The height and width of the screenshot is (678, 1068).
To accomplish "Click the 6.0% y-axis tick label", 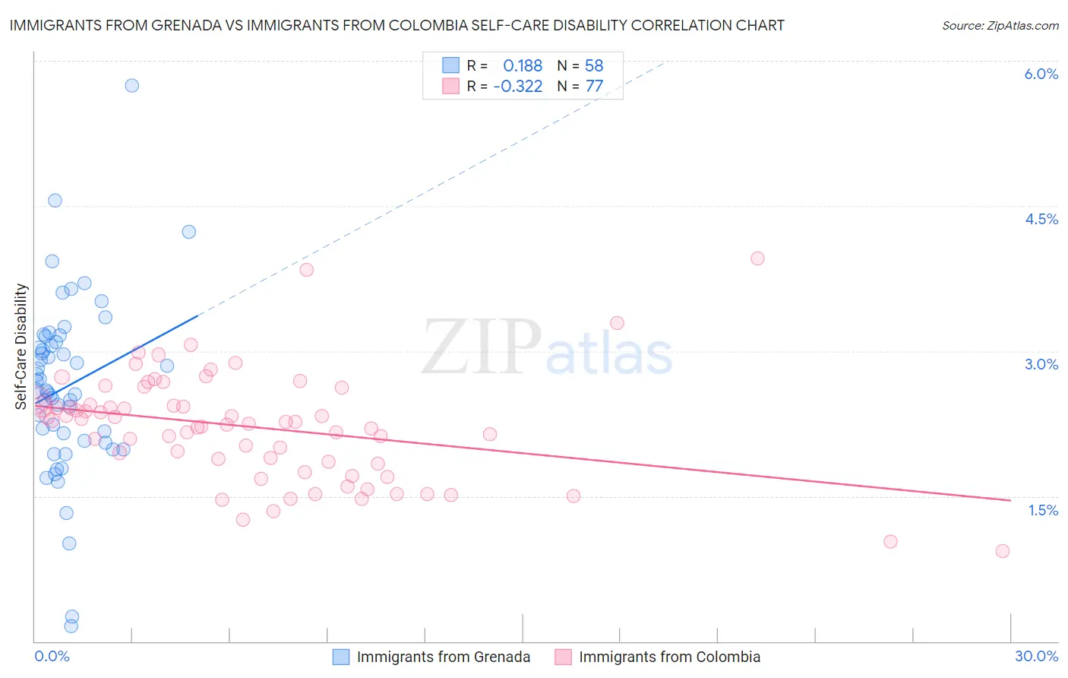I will (x=1041, y=74).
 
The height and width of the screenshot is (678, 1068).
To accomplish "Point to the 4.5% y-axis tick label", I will (x=1041, y=219).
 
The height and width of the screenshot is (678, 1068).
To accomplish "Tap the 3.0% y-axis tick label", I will (x=1041, y=364).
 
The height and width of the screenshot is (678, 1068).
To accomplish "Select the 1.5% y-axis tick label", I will (x=1043, y=510).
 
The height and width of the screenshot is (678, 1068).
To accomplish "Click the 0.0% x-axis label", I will (x=52, y=656).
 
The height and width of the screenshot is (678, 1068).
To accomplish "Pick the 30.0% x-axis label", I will (x=1036, y=656).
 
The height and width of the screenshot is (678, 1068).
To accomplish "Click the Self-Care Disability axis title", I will (x=21, y=347).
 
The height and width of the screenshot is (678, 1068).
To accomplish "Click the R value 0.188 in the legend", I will (x=523, y=65).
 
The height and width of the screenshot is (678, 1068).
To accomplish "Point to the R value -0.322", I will (x=518, y=87).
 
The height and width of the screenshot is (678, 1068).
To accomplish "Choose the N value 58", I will (x=594, y=65).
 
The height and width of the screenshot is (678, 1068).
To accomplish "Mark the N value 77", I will (x=594, y=87).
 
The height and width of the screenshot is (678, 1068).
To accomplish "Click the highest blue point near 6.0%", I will (x=132, y=85).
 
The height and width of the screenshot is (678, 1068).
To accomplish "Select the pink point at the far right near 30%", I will (x=1003, y=551).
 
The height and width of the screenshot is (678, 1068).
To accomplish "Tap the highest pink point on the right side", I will (x=757, y=258).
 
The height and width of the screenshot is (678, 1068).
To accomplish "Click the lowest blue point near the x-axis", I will (x=71, y=626).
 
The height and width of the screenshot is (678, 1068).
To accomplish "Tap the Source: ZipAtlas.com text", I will (x=1000, y=25).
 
